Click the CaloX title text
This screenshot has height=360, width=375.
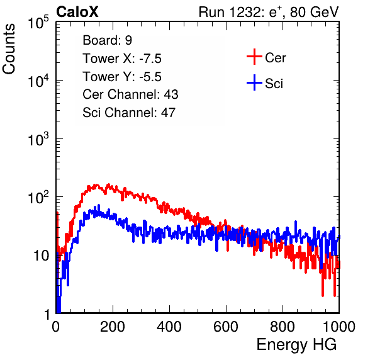pos(77,12)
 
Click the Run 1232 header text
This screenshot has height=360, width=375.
pos(269,12)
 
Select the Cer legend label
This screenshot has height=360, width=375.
pos(276,58)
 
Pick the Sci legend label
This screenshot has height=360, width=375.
pos(274,84)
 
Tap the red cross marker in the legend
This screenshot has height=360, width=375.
pos(254,57)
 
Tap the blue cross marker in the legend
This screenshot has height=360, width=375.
pos(254,82)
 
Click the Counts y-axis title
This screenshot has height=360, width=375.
pos(9,49)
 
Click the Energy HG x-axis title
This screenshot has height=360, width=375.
pos(296,345)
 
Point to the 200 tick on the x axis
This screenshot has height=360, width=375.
pos(113,327)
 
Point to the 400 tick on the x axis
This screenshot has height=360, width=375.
pos(169,327)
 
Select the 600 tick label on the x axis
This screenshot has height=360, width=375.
pos(226,327)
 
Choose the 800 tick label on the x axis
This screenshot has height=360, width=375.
pos(283,327)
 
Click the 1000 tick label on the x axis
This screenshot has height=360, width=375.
pos(339,327)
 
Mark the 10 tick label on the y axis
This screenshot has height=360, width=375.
pos(42,256)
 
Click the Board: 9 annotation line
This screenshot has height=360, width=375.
pos(108,40)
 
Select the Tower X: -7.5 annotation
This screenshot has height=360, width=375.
pos(122,59)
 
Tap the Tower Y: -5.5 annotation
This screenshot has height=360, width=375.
pos(122,77)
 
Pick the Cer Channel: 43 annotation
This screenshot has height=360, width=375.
pos(130,94)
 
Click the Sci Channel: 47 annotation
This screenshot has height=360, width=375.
pos(129,113)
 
